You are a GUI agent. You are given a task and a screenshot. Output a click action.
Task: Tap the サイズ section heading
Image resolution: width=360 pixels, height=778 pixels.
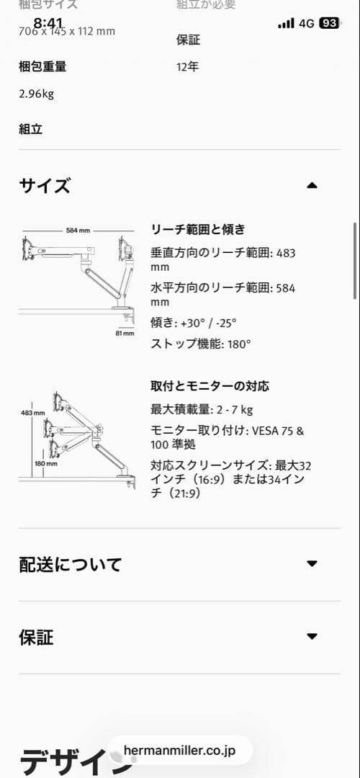tap(45, 186)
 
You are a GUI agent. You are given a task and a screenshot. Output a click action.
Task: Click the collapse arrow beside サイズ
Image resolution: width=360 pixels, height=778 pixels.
tap(312, 186)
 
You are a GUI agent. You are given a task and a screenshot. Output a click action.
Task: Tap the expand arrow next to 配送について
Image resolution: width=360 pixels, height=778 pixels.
tap(312, 564)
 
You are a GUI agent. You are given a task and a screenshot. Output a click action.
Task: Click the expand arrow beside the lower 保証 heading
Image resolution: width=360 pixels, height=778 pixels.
tap(312, 637)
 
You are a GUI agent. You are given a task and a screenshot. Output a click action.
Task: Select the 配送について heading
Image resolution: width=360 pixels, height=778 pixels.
tap(70, 564)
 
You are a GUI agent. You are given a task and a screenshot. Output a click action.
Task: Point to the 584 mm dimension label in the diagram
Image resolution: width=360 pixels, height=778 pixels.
tap(78, 231)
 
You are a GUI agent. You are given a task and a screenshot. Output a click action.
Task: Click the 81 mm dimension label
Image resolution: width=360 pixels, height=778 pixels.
tap(124, 334)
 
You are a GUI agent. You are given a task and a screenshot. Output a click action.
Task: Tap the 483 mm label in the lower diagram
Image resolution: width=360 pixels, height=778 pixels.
tap(33, 413)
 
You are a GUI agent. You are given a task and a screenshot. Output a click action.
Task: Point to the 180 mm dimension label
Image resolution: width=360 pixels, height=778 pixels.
tap(45, 463)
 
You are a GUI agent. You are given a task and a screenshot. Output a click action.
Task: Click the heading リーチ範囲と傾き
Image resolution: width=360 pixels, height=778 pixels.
tap(198, 230)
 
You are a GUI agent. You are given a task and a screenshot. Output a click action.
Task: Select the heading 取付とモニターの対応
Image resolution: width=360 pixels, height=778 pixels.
tap(210, 386)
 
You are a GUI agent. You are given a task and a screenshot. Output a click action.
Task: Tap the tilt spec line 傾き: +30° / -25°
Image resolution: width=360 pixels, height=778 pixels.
tap(193, 323)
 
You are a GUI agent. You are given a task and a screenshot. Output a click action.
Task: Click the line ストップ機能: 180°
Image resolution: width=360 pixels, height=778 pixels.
tap(201, 344)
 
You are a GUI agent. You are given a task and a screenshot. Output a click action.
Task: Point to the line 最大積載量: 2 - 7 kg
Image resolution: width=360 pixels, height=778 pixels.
tap(202, 410)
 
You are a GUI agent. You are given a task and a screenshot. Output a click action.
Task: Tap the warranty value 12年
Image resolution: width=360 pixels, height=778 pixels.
tap(187, 67)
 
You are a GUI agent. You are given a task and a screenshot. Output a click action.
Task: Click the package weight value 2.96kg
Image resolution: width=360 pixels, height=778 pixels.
tap(37, 93)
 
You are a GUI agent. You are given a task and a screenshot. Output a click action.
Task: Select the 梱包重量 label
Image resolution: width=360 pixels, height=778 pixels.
tap(42, 67)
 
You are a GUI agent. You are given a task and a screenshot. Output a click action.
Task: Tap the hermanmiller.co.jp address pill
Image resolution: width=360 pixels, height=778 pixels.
tap(179, 750)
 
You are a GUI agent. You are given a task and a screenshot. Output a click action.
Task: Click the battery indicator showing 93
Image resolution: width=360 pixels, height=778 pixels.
tap(329, 23)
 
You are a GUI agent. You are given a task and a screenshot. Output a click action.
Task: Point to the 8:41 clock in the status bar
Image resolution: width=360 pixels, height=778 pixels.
tap(48, 22)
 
